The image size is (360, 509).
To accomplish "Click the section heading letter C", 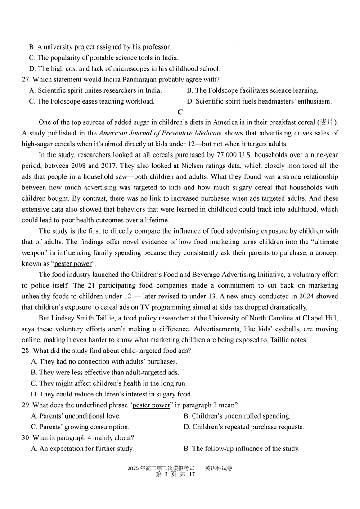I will (180, 112).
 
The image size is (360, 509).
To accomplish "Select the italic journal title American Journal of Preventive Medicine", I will (160, 133).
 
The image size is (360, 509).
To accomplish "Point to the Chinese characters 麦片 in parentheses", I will (327, 122).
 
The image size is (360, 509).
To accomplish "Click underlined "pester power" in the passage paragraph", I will (72, 264).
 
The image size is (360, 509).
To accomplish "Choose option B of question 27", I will (252, 90).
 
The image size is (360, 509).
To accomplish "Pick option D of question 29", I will (243, 427).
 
